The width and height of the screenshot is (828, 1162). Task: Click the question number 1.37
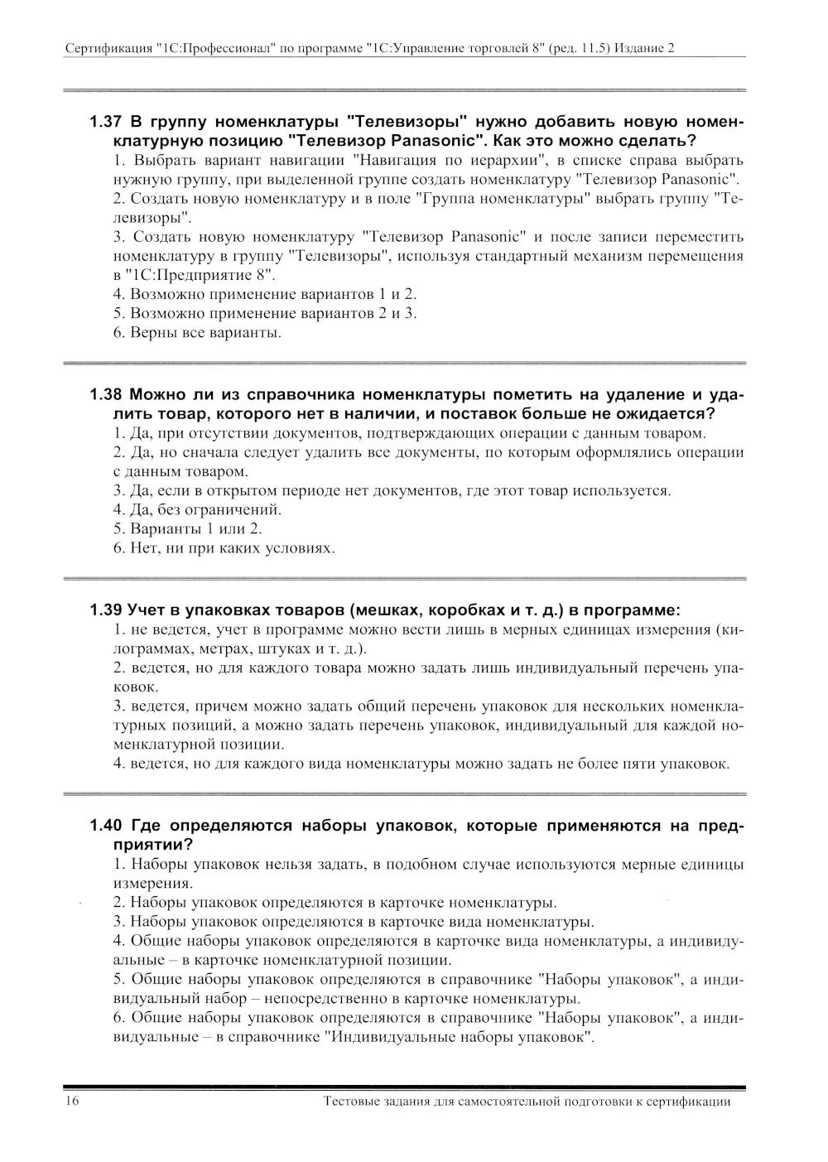[x=106, y=123]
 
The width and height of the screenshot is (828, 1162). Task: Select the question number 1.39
[x=106, y=610]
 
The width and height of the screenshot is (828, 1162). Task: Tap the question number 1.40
[x=106, y=826]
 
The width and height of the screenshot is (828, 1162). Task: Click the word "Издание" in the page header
[x=641, y=48]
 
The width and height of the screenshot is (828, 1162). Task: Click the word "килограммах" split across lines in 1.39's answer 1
[x=729, y=630]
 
